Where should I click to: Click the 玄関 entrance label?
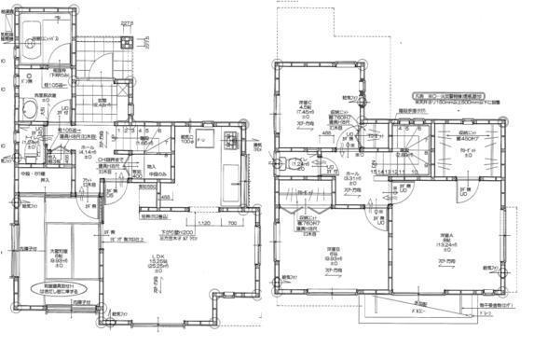[104, 104]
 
